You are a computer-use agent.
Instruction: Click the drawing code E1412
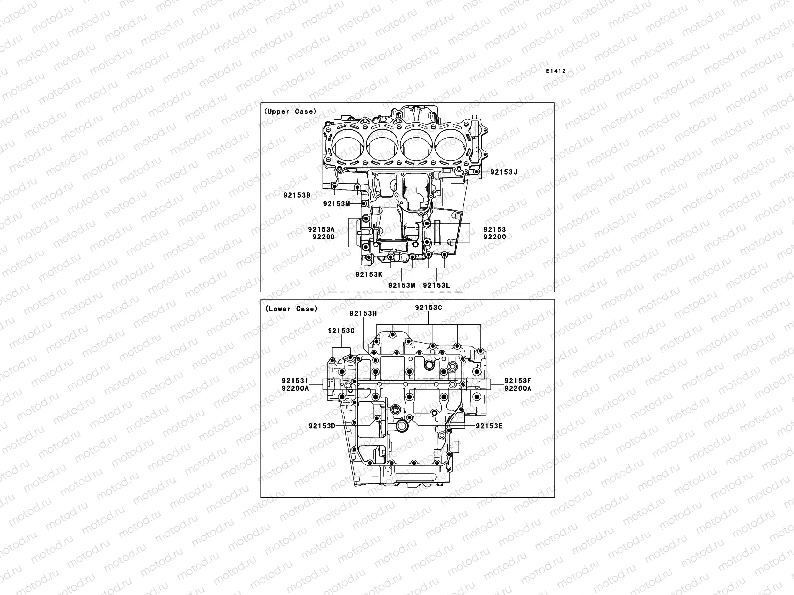(556, 71)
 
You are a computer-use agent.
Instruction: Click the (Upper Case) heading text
(290, 111)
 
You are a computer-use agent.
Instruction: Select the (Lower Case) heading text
(291, 309)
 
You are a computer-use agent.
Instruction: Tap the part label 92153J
(504, 172)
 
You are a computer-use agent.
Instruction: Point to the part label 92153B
(297, 195)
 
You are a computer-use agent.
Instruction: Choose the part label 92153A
(321, 229)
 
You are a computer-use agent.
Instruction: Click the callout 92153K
(369, 274)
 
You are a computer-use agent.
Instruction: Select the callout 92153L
(436, 285)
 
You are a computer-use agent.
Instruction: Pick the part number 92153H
(363, 313)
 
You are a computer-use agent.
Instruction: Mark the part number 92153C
(429, 307)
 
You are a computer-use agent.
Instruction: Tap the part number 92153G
(341, 330)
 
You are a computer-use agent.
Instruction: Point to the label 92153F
(518, 381)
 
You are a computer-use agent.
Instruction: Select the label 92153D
(322, 426)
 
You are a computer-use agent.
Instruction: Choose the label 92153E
(489, 426)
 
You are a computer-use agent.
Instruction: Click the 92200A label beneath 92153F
(518, 388)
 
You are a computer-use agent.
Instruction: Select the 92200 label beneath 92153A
(324, 237)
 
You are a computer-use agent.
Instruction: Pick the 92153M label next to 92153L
(401, 285)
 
